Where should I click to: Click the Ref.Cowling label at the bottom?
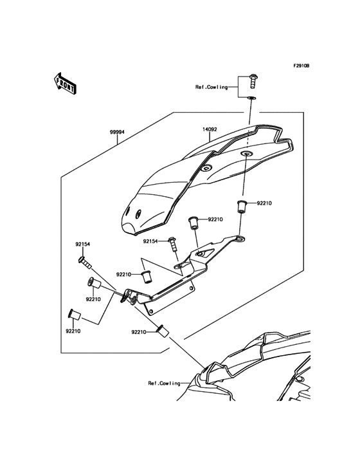[x=163, y=383]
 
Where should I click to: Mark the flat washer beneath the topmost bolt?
[x=250, y=98]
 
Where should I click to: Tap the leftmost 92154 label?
[x=82, y=244]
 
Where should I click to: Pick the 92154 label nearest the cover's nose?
[x=150, y=241]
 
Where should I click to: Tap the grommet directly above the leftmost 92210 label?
[x=73, y=315]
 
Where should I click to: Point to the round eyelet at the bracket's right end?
[x=240, y=239]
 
